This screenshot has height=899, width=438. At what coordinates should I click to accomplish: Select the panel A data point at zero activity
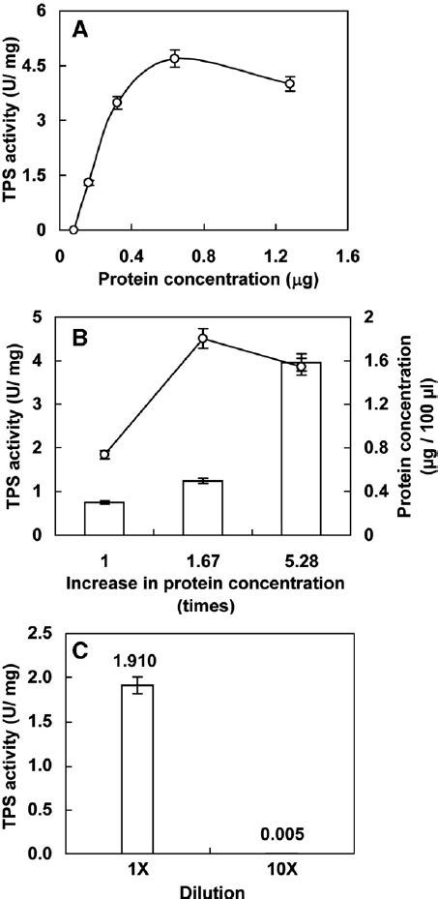pyautogui.click(x=73, y=229)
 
